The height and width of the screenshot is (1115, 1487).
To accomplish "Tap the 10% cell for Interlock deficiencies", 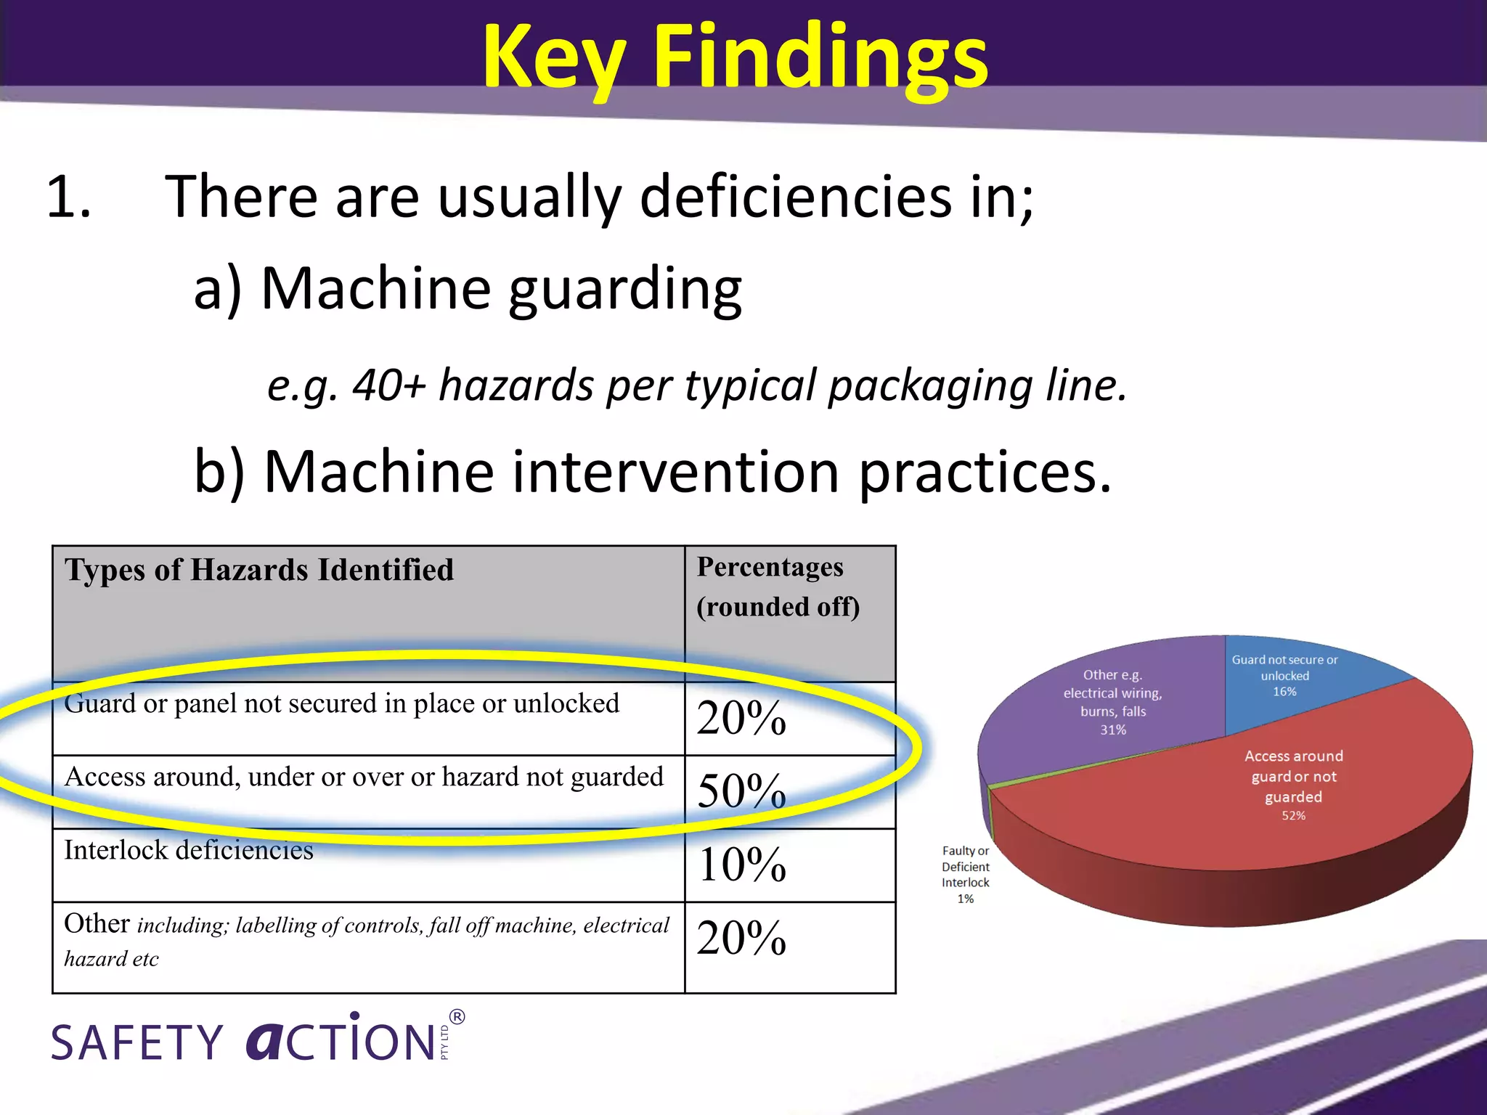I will coord(741,865).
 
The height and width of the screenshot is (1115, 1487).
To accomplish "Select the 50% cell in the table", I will coord(741,791).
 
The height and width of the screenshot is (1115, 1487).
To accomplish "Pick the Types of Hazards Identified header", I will coord(259,571).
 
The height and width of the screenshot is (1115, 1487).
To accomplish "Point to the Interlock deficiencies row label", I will coord(189,850).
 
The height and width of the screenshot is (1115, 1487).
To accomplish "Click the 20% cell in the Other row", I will coord(741,938).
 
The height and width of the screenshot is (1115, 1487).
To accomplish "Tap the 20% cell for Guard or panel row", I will coord(741,718).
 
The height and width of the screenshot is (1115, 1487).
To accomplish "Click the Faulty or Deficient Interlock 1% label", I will coord(966,874).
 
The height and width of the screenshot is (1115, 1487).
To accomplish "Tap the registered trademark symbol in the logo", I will coord(457,1017).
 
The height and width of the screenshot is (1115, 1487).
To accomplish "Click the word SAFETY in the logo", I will coord(137,1042).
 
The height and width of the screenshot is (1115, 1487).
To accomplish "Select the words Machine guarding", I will coord(501,288).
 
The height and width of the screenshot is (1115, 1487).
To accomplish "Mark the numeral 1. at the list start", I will coord(69,197).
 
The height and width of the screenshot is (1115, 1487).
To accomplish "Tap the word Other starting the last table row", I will coord(97,923).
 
